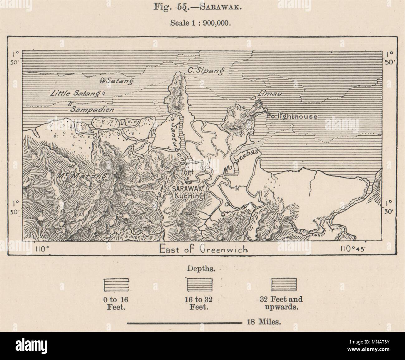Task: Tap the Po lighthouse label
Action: click(x=292, y=117)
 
